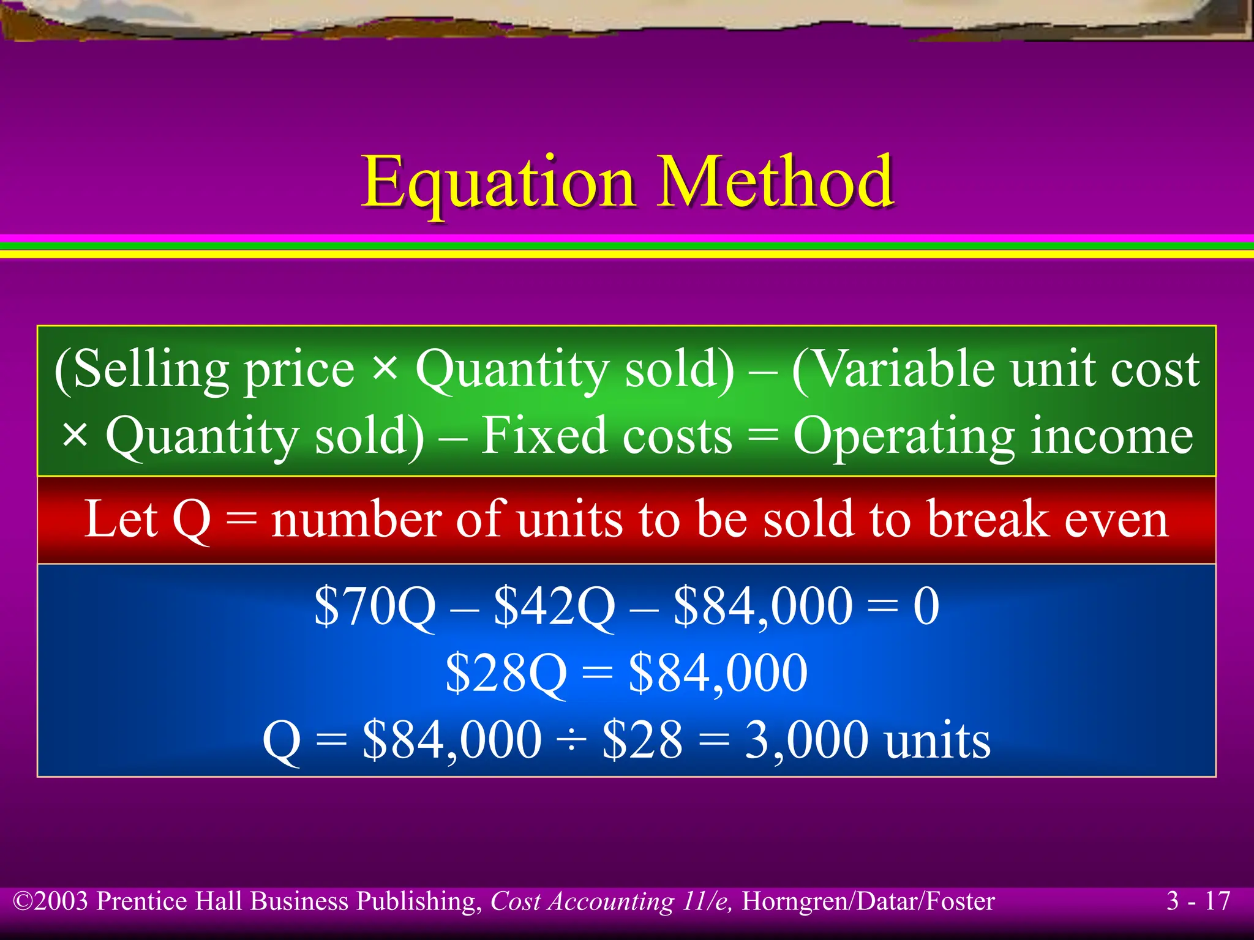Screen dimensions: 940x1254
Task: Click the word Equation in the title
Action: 498,182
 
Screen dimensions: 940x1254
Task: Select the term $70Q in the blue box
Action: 375,606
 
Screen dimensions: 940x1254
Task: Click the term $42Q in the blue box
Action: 554,606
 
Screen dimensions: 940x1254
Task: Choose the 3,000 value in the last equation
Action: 806,740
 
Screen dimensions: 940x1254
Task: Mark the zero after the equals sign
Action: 926,606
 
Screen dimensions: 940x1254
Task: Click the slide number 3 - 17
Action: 1198,901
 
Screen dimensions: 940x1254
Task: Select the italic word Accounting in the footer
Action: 610,901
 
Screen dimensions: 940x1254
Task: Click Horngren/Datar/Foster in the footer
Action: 868,901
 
